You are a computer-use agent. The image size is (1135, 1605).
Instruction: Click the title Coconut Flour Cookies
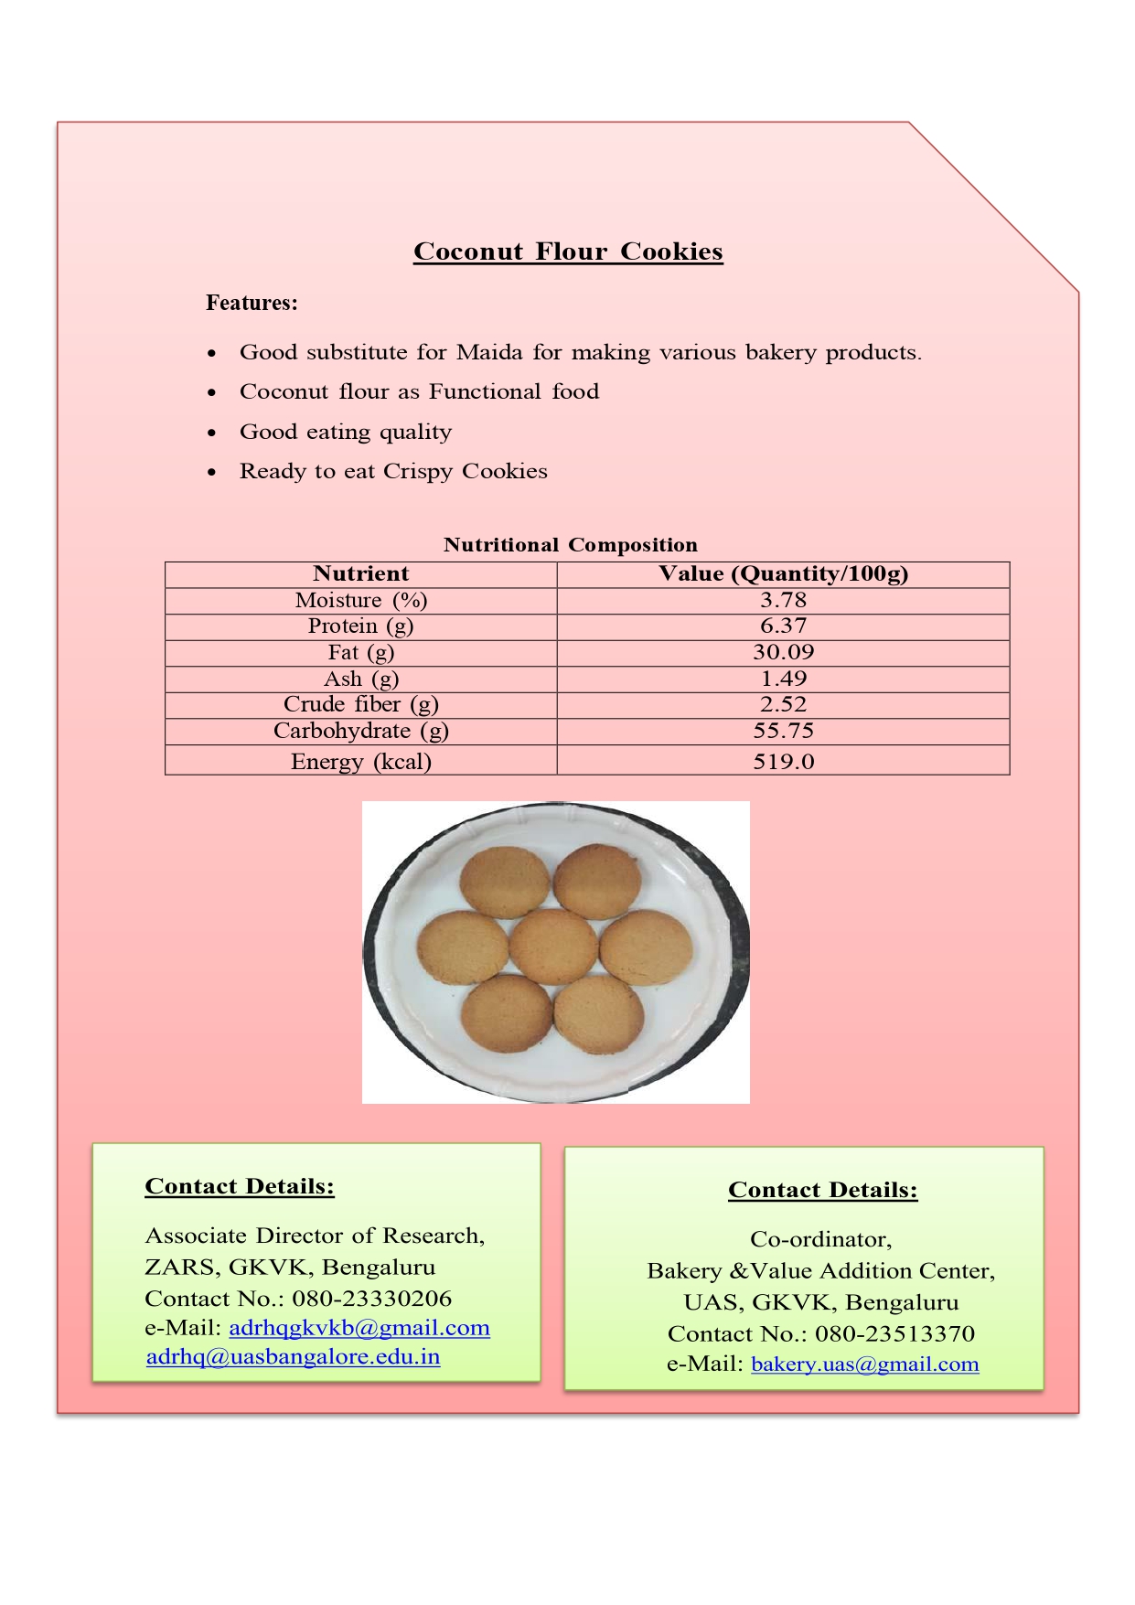(x=568, y=251)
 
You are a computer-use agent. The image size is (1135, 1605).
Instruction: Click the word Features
(x=251, y=303)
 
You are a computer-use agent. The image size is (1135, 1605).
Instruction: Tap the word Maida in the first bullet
(x=490, y=353)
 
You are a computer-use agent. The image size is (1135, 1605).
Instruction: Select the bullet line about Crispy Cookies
(x=393, y=472)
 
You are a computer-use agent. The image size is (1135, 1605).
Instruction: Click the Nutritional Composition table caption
(x=570, y=545)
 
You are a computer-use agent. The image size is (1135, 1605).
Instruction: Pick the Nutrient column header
(x=360, y=574)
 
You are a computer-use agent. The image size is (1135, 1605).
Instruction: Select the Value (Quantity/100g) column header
(x=783, y=574)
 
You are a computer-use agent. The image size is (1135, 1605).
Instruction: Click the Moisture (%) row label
(x=360, y=601)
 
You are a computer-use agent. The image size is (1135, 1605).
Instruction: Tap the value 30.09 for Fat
(x=783, y=653)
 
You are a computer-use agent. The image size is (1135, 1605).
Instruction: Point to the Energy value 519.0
(x=783, y=762)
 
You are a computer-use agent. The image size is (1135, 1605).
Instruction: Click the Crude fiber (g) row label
(x=360, y=705)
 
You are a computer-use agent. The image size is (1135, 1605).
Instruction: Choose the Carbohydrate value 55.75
(x=783, y=732)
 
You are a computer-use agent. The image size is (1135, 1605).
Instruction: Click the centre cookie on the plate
(x=553, y=947)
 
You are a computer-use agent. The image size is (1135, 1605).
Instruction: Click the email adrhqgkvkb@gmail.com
(x=359, y=1328)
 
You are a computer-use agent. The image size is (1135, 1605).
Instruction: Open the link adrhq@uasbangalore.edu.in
(x=293, y=1357)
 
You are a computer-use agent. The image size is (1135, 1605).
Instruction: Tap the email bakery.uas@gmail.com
(x=864, y=1364)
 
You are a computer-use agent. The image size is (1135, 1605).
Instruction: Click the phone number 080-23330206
(x=371, y=1299)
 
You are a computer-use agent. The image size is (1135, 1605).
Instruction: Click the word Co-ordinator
(x=820, y=1240)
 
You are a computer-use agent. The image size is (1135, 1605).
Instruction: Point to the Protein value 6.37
(x=783, y=626)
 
